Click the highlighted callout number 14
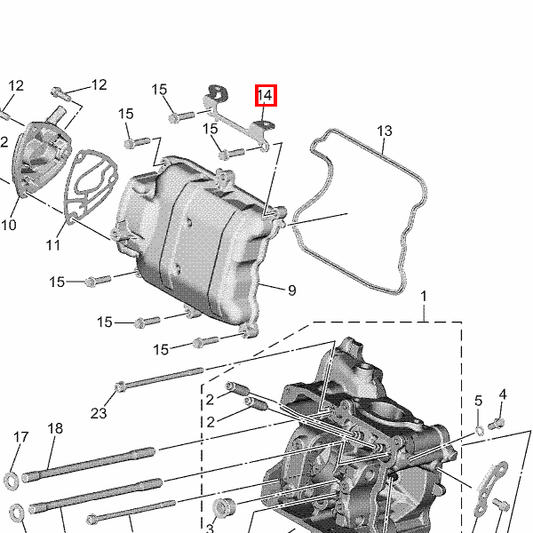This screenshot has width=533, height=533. coord(266,95)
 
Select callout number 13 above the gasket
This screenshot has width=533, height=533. coord(385,131)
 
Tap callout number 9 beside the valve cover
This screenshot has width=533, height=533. coord(292,290)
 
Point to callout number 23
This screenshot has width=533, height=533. coord(99,413)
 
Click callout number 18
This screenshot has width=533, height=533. coord(55,429)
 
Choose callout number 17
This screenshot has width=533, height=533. coord(20,437)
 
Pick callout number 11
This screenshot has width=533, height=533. coord(53,245)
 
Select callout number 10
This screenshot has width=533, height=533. coord(9,225)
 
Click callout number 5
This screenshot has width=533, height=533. coord(478,402)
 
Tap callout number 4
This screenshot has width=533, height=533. coord(503,394)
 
